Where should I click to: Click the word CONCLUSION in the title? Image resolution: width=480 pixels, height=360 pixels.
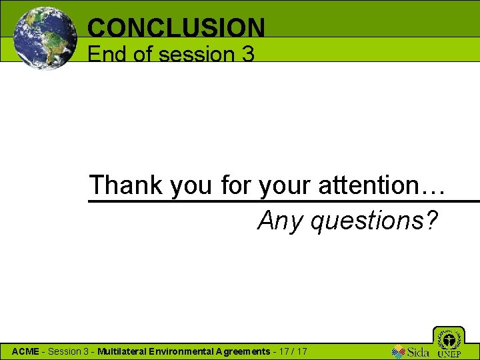(176, 27)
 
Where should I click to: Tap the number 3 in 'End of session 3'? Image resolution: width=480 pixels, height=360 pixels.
(247, 54)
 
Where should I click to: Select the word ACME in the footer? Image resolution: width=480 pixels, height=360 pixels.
(25, 351)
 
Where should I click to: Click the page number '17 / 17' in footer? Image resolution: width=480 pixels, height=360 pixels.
(292, 351)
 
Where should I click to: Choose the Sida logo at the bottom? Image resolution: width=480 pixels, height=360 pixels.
(410, 351)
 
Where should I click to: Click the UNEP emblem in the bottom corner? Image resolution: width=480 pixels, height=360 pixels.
(448, 342)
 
